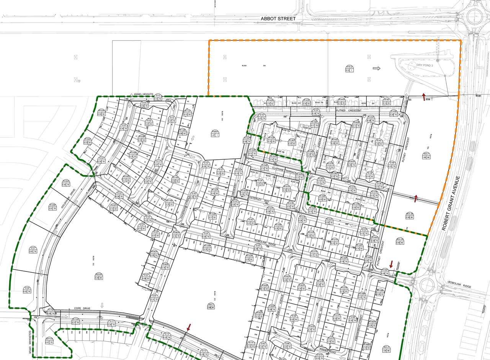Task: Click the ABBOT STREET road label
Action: pos(278,18)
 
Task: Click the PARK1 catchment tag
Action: pos(214,133)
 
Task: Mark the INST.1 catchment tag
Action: pos(210,306)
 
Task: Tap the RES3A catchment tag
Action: pos(99,276)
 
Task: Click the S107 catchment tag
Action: pos(33,250)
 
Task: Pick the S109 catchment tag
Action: pos(27,290)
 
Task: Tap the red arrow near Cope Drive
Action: pos(188,327)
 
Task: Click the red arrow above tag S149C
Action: pos(391,263)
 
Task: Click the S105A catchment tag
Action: pos(65,183)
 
